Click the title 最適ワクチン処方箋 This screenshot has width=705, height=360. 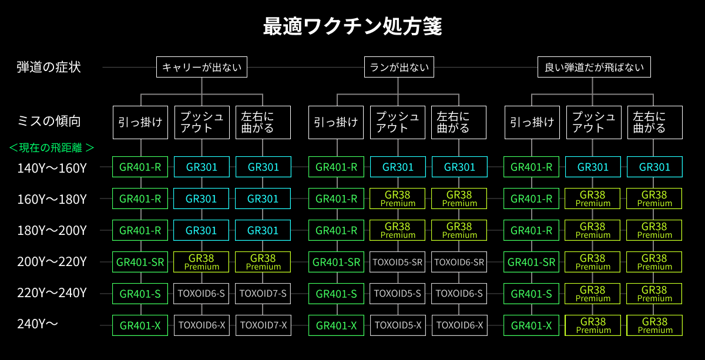tap(352, 27)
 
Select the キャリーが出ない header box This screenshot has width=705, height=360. tap(202, 68)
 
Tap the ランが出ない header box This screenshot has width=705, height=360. tap(399, 68)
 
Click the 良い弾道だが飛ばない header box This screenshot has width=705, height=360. tap(595, 68)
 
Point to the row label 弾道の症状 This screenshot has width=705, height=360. tap(48, 67)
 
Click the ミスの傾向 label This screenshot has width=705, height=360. tap(49, 122)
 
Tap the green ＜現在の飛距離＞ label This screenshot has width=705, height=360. tap(52, 147)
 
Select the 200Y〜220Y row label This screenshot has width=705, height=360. tap(52, 262)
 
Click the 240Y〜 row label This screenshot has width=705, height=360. tap(39, 324)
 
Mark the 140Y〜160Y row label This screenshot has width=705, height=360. tap(52, 168)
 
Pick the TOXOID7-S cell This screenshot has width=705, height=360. tap(263, 293)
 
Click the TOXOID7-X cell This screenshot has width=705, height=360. tap(263, 325)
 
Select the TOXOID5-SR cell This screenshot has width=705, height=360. tap(398, 262)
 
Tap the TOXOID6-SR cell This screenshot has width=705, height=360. tap(459, 262)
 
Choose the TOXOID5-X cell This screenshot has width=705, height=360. tap(398, 325)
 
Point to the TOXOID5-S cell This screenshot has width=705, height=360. tap(398, 293)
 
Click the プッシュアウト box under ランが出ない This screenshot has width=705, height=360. tap(398, 122)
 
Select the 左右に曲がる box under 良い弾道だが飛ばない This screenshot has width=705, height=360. tap(654, 122)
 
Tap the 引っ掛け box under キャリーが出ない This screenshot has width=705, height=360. tap(140, 122)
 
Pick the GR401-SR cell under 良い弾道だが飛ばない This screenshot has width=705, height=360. tap(531, 262)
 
